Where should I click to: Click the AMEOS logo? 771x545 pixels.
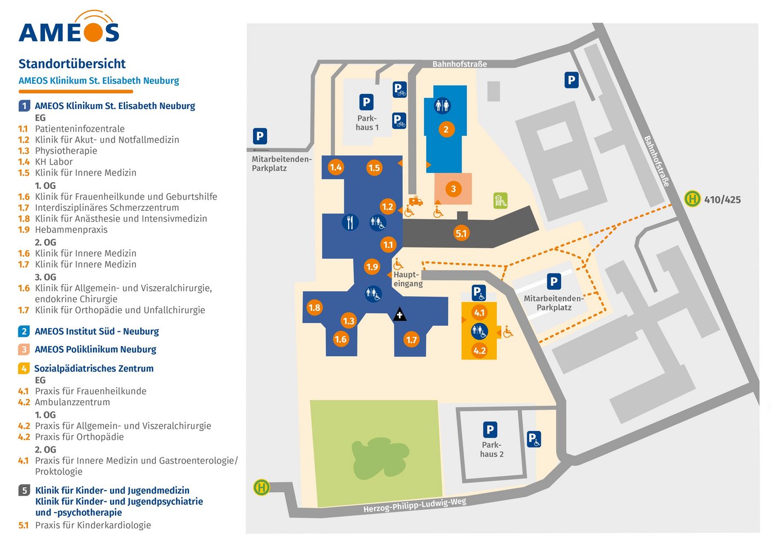pos(69,28)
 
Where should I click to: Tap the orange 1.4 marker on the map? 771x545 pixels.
pos(335,167)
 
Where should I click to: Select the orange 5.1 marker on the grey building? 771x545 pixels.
pos(461,233)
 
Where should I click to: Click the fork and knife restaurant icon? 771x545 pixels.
pos(350,222)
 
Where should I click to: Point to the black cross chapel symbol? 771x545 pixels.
pos(399,315)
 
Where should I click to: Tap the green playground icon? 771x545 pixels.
pos(500,200)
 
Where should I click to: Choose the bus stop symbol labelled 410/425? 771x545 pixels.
pos(692,199)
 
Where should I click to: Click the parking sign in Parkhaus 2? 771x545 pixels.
pos(490,429)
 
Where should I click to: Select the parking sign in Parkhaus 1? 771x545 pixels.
pos(366,102)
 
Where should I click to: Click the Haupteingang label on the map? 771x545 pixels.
pos(408,279)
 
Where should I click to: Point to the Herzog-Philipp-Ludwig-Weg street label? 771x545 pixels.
pos(415,505)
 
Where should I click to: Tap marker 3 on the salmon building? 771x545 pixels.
pos(453,189)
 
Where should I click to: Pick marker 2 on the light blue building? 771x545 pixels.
pos(446,129)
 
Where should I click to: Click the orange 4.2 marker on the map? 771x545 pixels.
pos(480,350)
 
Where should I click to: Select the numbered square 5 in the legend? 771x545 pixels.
pos(24,490)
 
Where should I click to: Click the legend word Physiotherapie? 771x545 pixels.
pos(66,151)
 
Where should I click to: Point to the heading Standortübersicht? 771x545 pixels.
pos(72,64)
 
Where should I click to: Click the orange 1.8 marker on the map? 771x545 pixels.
pos(314,307)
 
